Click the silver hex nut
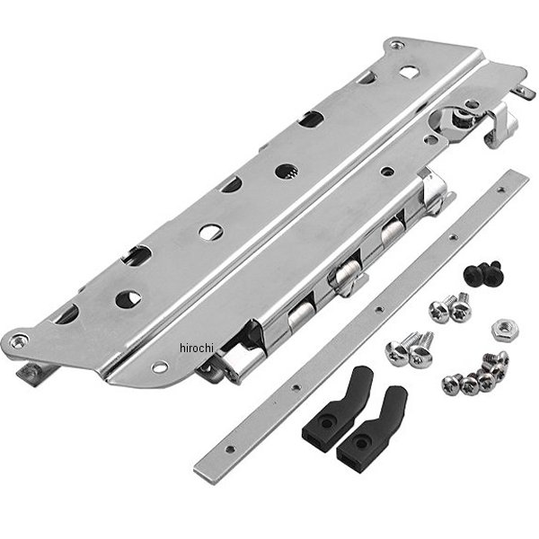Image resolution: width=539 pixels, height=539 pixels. pyautogui.click(x=500, y=331)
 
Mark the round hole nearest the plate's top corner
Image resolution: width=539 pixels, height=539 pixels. pyautogui.click(x=408, y=72)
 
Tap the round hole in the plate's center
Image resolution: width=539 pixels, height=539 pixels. pyautogui.click(x=210, y=232)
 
